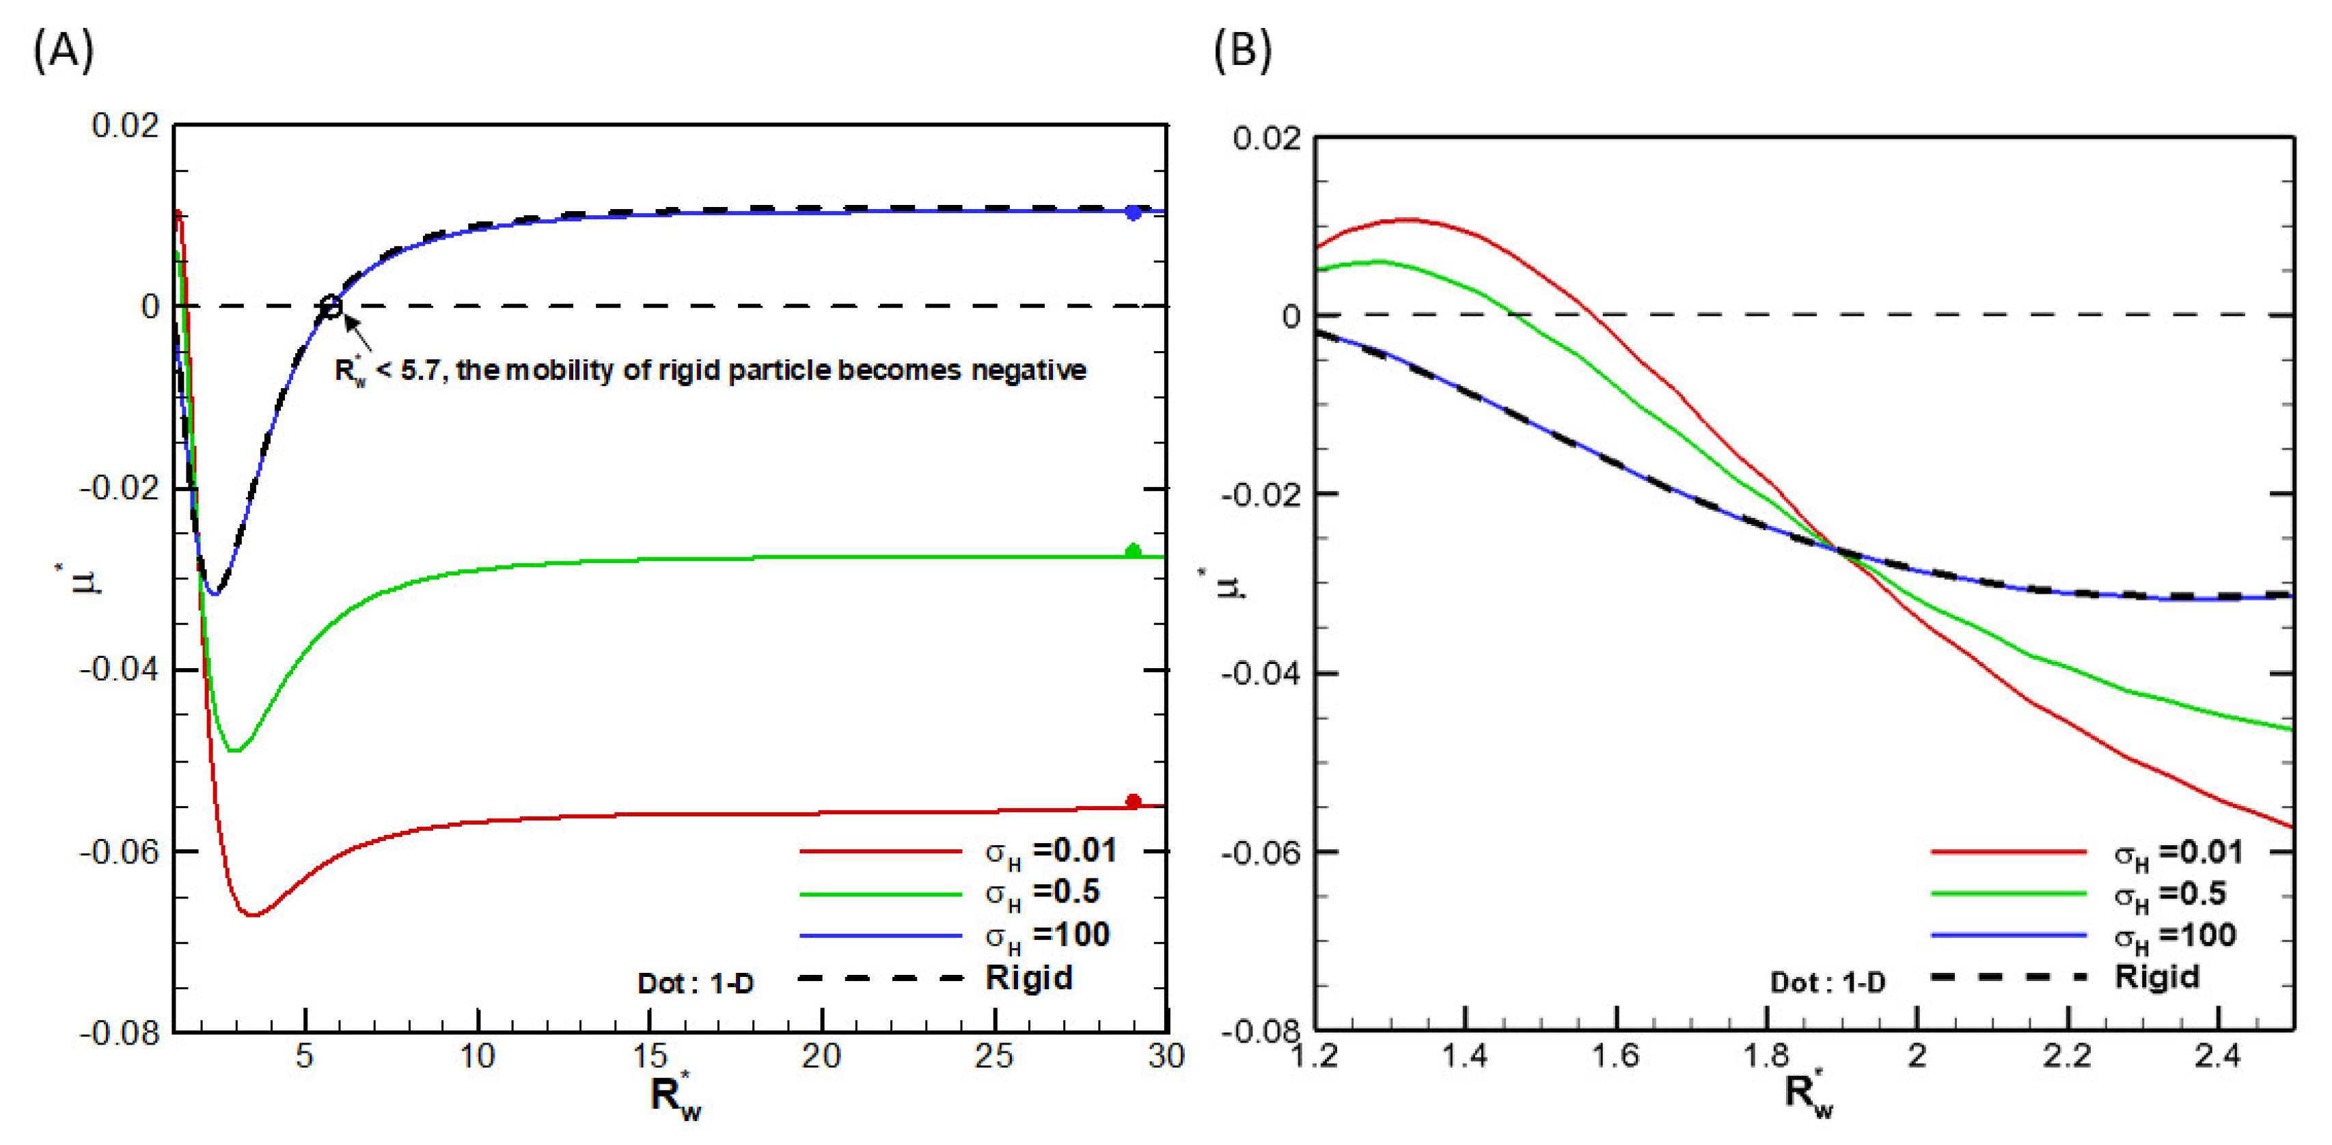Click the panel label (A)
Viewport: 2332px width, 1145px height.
(64, 51)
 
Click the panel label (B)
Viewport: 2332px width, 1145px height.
(1242, 51)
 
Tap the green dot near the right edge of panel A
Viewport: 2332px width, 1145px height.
(1132, 551)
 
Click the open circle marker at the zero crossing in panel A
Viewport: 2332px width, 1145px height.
(331, 307)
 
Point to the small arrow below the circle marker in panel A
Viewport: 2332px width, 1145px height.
(359, 334)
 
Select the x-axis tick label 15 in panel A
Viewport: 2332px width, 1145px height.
(649, 1056)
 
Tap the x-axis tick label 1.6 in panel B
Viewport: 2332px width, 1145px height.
(1615, 1056)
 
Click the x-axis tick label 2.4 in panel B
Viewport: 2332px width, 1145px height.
(2218, 1056)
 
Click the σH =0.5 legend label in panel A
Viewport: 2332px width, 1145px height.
(1042, 894)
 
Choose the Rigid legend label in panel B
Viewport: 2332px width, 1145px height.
(2156, 977)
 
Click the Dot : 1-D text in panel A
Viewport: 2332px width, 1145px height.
(696, 983)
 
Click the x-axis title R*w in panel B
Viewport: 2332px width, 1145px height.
(1809, 1093)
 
